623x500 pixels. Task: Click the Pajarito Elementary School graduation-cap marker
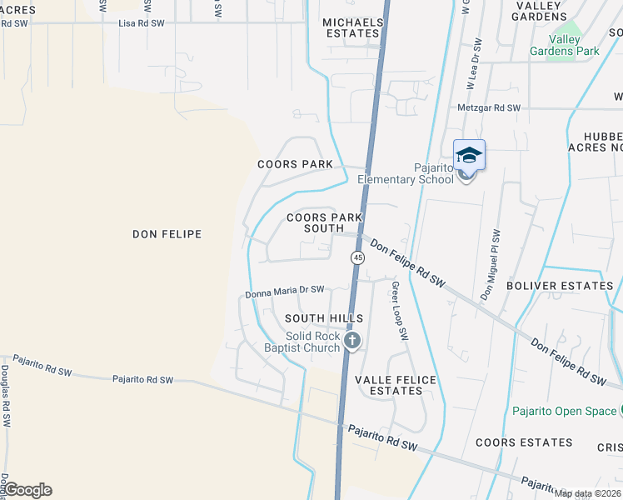(x=469, y=156)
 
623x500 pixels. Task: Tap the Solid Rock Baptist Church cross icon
(x=352, y=340)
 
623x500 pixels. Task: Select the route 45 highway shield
(x=357, y=258)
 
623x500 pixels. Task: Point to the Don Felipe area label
(x=167, y=234)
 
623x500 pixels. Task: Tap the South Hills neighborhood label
(x=324, y=318)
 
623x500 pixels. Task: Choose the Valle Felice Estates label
(x=396, y=385)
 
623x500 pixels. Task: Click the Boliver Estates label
(x=572, y=286)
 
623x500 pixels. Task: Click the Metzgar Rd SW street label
(x=489, y=108)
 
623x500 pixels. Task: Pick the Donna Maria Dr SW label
(x=284, y=291)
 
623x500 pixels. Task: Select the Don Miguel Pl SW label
(x=491, y=265)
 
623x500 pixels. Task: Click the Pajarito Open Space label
(x=564, y=411)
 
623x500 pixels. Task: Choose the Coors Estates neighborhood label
(x=523, y=442)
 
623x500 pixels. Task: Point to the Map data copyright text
(x=587, y=492)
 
